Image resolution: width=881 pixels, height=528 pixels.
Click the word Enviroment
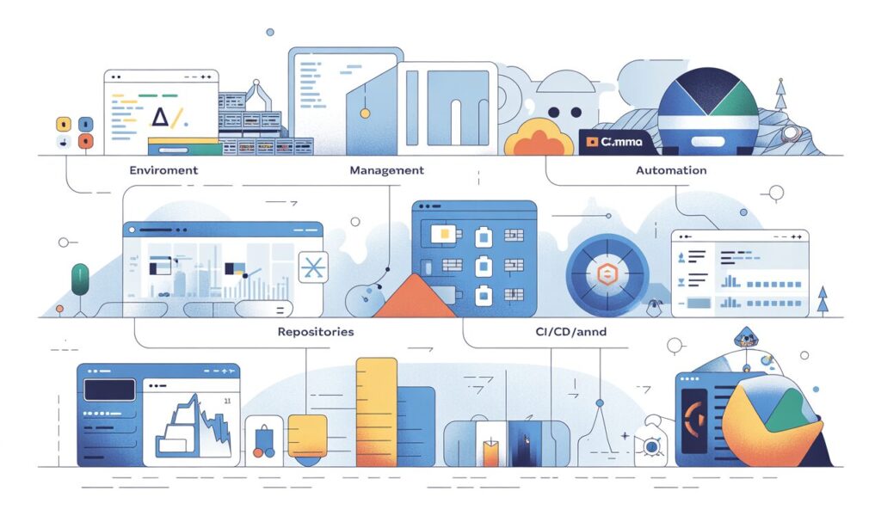click(163, 170)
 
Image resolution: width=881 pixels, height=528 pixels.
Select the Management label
click(386, 170)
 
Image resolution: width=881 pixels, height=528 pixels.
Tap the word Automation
click(671, 170)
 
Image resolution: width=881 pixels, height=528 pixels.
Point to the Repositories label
click(316, 331)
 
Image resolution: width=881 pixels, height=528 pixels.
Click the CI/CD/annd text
click(551, 331)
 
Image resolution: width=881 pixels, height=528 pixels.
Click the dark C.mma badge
click(617, 143)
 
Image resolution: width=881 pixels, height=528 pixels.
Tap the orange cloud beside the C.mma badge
click(539, 138)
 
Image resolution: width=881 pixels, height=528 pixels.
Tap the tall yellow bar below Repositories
click(376, 411)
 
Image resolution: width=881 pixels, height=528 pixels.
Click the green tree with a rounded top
click(80, 279)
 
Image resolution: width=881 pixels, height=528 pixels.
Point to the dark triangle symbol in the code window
click(160, 116)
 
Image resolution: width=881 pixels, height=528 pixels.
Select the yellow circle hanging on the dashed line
click(365, 113)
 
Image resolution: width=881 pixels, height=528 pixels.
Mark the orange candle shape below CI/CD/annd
click(491, 451)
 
